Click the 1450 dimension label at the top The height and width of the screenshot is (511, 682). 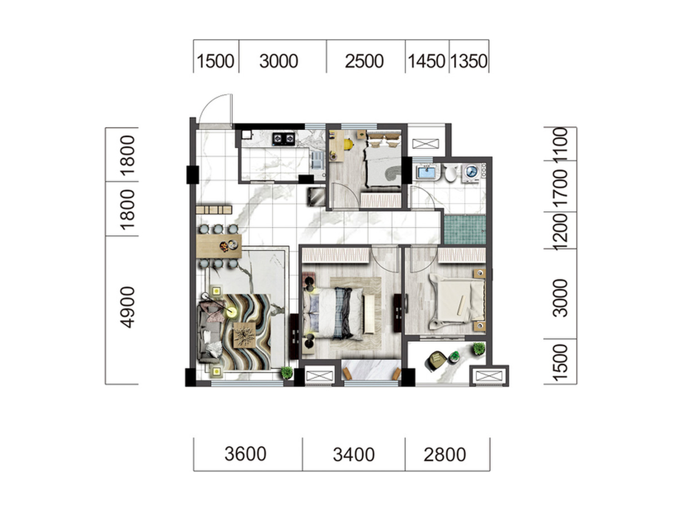(426, 61)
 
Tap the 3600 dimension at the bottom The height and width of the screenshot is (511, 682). (245, 454)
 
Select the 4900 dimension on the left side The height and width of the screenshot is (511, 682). (128, 307)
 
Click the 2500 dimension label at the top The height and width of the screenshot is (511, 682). (364, 61)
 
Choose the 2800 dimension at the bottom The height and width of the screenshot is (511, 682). (444, 455)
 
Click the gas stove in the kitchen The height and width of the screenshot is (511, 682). (283, 139)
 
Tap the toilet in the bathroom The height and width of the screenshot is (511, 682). (450, 173)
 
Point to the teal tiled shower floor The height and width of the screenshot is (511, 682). (464, 229)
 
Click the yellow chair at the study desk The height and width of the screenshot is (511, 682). (348, 144)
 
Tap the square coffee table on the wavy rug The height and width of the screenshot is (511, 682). (244, 335)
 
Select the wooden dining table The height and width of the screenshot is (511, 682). (219, 246)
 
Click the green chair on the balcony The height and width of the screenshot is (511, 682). (436, 361)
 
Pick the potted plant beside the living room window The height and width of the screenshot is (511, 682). (286, 372)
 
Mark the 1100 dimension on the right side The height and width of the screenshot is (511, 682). (560, 144)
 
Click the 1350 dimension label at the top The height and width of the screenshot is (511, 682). (468, 61)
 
